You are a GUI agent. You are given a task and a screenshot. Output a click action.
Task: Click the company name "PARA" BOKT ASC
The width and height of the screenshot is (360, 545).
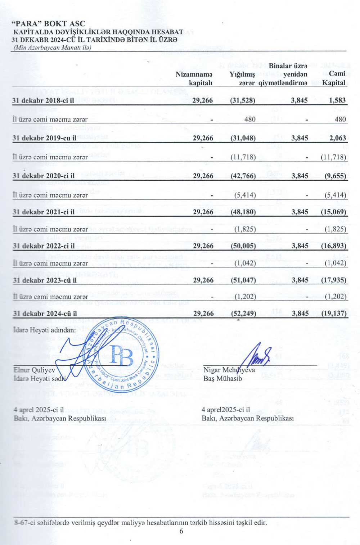[x=49, y=24]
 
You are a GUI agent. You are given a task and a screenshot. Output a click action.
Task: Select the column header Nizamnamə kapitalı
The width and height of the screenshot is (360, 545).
[x=194, y=78]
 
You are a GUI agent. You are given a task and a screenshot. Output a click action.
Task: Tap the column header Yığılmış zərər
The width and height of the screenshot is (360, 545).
[x=242, y=78]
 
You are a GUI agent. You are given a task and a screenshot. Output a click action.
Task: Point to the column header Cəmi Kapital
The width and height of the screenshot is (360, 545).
[x=334, y=78]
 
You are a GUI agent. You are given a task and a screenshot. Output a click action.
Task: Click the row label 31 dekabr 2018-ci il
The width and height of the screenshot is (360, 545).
[x=43, y=100]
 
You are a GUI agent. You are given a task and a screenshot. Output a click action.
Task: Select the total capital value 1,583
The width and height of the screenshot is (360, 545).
[x=337, y=100]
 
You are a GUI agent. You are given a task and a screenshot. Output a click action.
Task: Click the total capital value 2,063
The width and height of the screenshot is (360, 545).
[x=337, y=138]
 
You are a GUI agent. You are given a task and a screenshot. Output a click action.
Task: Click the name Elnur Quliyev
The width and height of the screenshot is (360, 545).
[x=35, y=370]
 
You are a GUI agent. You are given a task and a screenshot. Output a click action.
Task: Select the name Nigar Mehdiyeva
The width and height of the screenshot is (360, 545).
[x=229, y=370]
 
